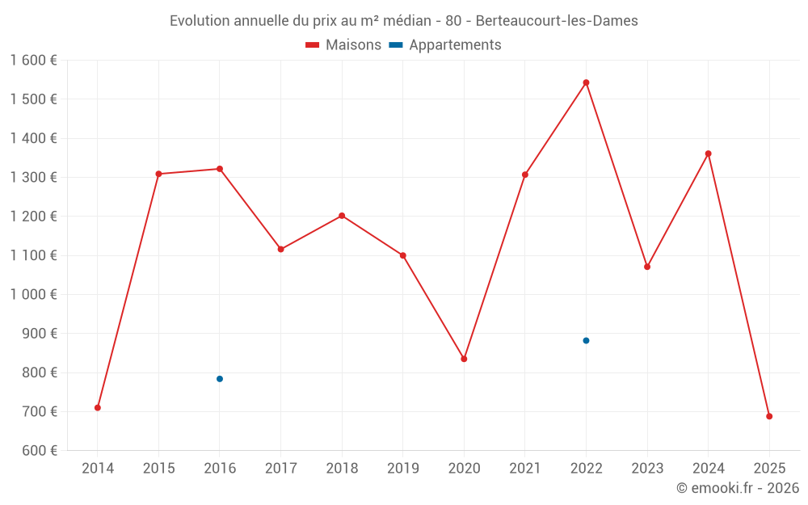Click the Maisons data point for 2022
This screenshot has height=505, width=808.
(586, 82)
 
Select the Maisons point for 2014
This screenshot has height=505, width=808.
(98, 407)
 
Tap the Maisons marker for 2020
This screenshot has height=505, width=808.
(464, 359)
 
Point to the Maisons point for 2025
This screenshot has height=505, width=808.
(769, 416)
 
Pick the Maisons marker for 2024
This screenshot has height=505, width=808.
(708, 154)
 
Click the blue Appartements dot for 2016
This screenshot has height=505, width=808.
(220, 379)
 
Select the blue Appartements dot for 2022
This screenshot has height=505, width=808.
(586, 340)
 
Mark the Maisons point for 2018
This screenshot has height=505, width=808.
(342, 216)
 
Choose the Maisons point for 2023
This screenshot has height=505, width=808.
(647, 267)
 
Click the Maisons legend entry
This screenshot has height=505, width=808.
(343, 45)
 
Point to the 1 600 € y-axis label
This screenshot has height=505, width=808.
(34, 61)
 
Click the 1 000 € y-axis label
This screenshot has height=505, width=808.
(34, 294)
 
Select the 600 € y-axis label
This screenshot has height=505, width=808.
(39, 450)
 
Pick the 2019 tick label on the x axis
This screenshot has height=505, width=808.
(403, 468)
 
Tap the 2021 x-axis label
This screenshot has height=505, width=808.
(525, 468)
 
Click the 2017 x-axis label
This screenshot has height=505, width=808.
(280, 468)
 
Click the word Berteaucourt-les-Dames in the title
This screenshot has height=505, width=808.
(557, 21)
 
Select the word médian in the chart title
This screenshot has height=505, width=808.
(408, 21)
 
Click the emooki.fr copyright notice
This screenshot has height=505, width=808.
(737, 487)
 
